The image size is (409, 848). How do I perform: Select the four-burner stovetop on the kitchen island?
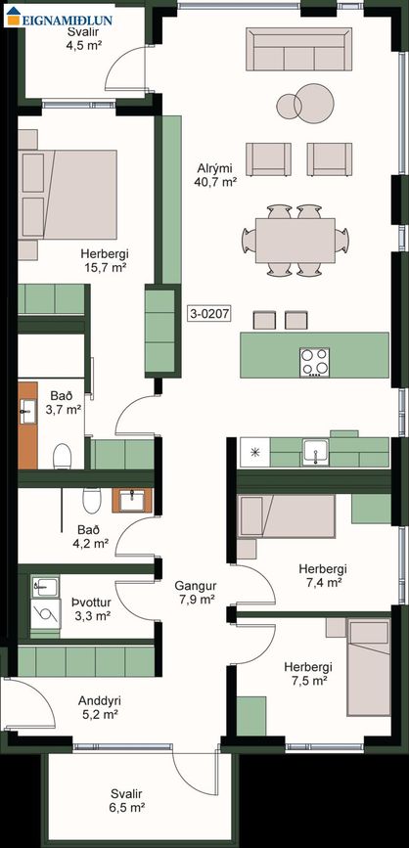pos(315,362)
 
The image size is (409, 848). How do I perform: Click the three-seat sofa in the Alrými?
pos(298,49)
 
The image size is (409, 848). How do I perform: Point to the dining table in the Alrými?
pos(295,241)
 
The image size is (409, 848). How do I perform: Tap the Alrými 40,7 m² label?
pos(215,175)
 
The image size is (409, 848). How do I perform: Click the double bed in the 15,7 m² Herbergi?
pos(68,195)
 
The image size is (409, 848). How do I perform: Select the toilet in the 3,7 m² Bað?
pos(63,456)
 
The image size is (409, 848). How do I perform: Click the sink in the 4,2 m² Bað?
pos(132,501)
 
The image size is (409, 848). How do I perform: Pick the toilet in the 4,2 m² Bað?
pos(91,500)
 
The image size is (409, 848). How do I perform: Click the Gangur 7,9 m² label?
pos(196,592)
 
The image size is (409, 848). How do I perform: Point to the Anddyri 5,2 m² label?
pos(100,707)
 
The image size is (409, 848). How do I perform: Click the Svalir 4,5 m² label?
pos(85,38)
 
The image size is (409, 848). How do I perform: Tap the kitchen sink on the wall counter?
pos(315,451)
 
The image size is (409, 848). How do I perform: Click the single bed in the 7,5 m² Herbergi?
pos(369,667)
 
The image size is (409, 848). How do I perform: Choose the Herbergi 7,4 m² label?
pos(323,575)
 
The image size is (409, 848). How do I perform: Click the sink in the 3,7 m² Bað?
pos(27,412)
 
